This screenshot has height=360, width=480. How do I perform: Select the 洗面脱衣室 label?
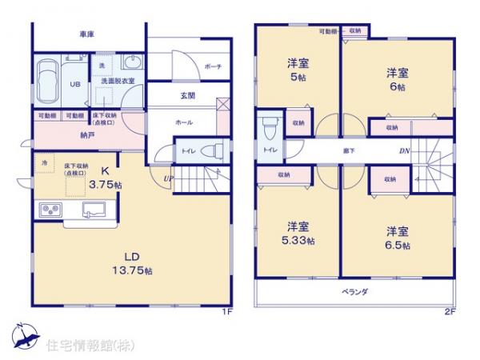point(115,82)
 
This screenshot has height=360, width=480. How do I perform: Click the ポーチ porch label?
point(212,67)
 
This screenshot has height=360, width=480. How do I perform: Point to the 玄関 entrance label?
point(184,96)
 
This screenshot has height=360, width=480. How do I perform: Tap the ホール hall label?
point(183,122)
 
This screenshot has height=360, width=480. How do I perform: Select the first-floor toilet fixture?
point(213,150)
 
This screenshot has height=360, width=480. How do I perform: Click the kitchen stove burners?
point(51,210)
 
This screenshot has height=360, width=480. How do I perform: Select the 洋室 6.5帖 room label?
point(398,238)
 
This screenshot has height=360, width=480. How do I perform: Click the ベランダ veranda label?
point(354,292)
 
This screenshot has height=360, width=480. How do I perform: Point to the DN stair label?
point(405,150)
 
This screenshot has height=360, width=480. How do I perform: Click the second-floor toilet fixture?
point(267,129)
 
